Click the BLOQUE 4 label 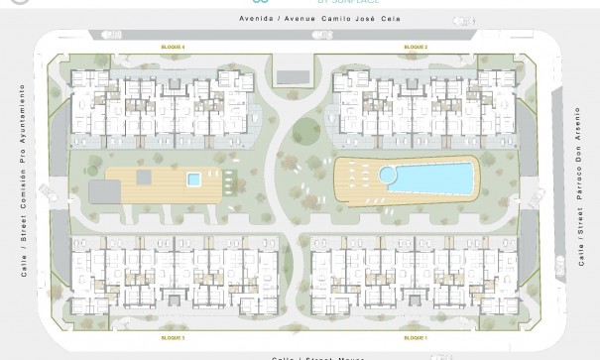174,47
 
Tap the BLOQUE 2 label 416,47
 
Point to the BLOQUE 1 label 416,338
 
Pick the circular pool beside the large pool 388,176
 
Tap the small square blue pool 193,180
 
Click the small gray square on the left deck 144,178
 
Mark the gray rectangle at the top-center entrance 292,75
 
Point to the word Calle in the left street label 22,266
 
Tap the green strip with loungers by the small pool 229,180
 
